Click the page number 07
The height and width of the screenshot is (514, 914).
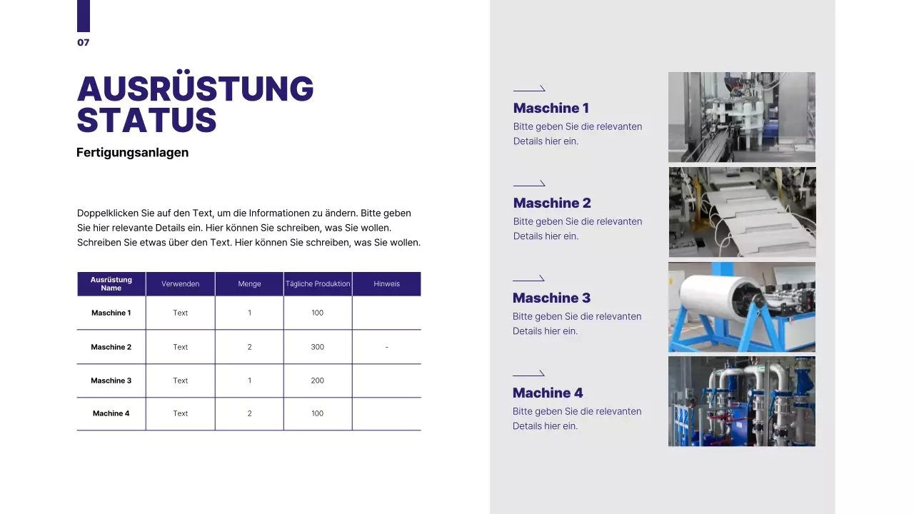(x=84, y=43)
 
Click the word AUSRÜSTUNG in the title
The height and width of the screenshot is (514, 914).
(x=195, y=89)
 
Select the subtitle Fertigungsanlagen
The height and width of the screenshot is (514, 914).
(x=132, y=153)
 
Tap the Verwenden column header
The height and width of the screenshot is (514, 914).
(x=180, y=284)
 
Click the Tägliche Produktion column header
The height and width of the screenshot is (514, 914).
(x=318, y=284)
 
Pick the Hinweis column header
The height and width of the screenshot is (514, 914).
(x=386, y=284)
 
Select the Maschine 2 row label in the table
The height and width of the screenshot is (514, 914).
(x=111, y=347)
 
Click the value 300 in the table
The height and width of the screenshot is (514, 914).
(x=318, y=347)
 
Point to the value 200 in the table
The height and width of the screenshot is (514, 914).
(x=318, y=381)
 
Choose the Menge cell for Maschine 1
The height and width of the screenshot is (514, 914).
(x=249, y=313)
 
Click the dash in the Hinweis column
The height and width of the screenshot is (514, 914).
(x=386, y=347)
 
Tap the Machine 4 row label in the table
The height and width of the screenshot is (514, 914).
(x=111, y=413)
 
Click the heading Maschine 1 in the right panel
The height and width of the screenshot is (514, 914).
(x=551, y=109)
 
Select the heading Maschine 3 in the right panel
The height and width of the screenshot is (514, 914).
(x=551, y=298)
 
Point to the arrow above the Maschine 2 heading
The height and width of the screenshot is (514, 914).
(x=529, y=183)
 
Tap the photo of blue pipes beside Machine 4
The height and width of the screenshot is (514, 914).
(x=741, y=401)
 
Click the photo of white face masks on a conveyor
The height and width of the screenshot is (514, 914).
(x=742, y=212)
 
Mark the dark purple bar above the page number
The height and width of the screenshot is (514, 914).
(x=84, y=16)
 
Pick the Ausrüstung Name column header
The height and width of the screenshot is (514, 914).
(x=111, y=284)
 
